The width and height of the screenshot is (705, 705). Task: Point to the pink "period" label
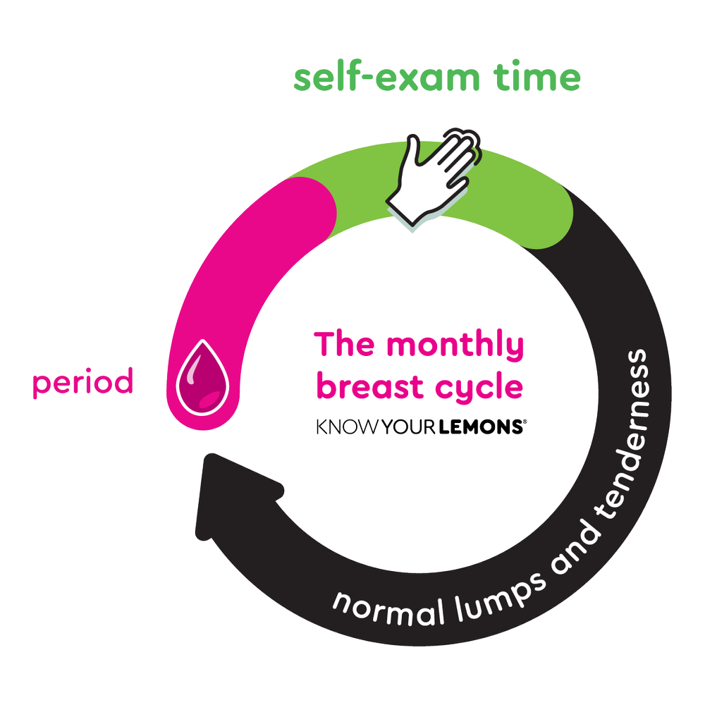pos(82,384)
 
